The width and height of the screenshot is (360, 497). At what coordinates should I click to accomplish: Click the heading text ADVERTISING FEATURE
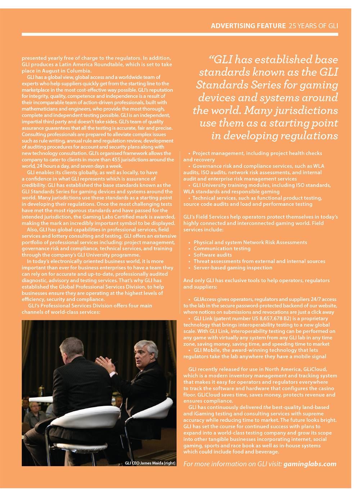point(248,26)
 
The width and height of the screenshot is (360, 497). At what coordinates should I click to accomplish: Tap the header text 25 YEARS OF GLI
point(313,26)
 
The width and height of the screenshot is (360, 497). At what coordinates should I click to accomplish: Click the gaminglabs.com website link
point(310,464)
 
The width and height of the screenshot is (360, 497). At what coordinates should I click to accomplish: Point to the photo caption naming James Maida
point(150,463)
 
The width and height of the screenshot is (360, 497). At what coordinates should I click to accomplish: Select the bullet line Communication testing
point(222,248)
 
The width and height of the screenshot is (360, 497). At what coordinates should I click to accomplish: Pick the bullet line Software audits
point(212,255)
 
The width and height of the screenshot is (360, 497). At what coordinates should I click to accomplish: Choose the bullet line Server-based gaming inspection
point(233,268)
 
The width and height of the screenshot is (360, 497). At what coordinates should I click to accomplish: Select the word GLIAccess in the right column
point(204,299)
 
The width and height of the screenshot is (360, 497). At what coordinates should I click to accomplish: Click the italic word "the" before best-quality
point(267,407)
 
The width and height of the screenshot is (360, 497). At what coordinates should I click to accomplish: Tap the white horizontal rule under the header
point(180,34)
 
